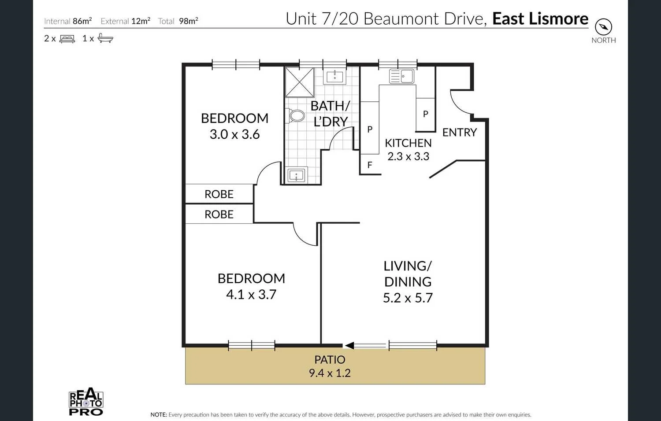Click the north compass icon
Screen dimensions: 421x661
click(x=603, y=27)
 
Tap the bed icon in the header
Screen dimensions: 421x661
click(x=67, y=39)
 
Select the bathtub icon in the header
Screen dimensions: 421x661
click(x=105, y=38)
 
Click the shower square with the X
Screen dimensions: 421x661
click(x=300, y=82)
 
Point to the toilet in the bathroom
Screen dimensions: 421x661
click(x=297, y=116)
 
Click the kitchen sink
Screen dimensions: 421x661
click(x=401, y=76)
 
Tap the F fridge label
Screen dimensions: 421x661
click(x=370, y=165)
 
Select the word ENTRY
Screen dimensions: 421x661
click(x=460, y=133)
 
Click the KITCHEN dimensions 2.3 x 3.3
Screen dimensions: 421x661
click(x=408, y=156)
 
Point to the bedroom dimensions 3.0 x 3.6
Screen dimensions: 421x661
click(x=234, y=134)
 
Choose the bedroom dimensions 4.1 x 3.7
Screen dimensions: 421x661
click(x=251, y=294)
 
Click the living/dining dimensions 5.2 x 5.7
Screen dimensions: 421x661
click(x=408, y=298)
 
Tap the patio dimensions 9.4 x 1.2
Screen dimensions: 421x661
click(x=330, y=373)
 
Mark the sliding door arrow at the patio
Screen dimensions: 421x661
click(x=349, y=346)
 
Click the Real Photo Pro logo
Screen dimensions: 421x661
click(x=86, y=402)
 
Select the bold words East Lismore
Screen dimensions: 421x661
click(x=540, y=19)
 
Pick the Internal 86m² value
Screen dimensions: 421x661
click(x=82, y=21)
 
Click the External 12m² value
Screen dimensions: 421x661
click(x=141, y=21)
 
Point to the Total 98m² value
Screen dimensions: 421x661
click(x=188, y=21)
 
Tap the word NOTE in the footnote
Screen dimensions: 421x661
click(x=158, y=414)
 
